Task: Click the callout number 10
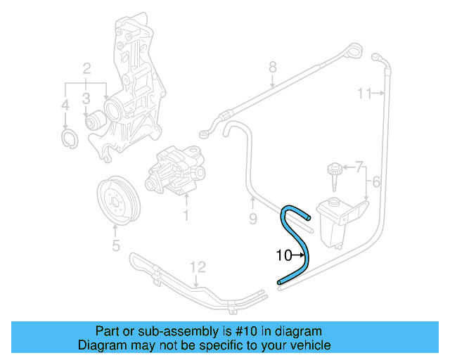pyautogui.click(x=283, y=256)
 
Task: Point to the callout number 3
pyautogui.click(x=65, y=105)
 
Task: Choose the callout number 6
pyautogui.click(x=359, y=167)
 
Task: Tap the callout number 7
pyautogui.click(x=273, y=67)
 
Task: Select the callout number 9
pyautogui.click(x=364, y=93)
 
